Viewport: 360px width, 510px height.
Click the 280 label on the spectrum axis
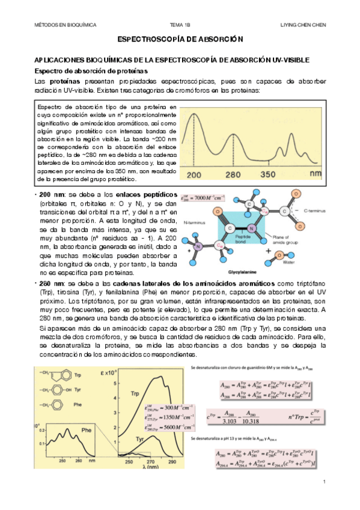[236, 174]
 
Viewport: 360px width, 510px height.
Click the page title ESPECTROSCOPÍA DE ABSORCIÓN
[180, 39]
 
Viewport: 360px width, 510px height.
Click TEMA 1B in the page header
[180, 25]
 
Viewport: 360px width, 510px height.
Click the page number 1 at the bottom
[324, 482]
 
